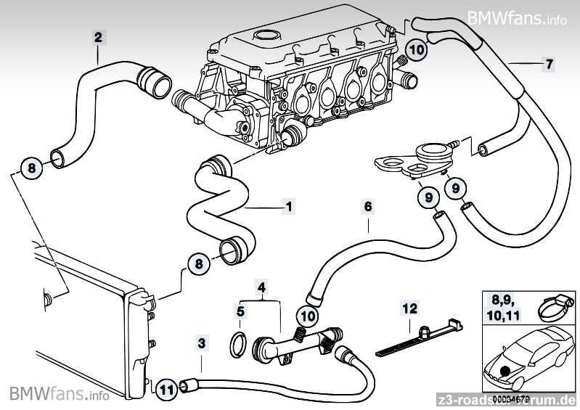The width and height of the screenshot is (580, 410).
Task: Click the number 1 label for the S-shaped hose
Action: [x=289, y=207]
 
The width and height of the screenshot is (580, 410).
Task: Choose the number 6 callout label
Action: [x=368, y=207]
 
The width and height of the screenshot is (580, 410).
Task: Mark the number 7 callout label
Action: [x=549, y=64]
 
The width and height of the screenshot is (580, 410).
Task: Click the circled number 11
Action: [x=166, y=390]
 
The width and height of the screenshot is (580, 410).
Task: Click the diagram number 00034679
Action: [x=512, y=398]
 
